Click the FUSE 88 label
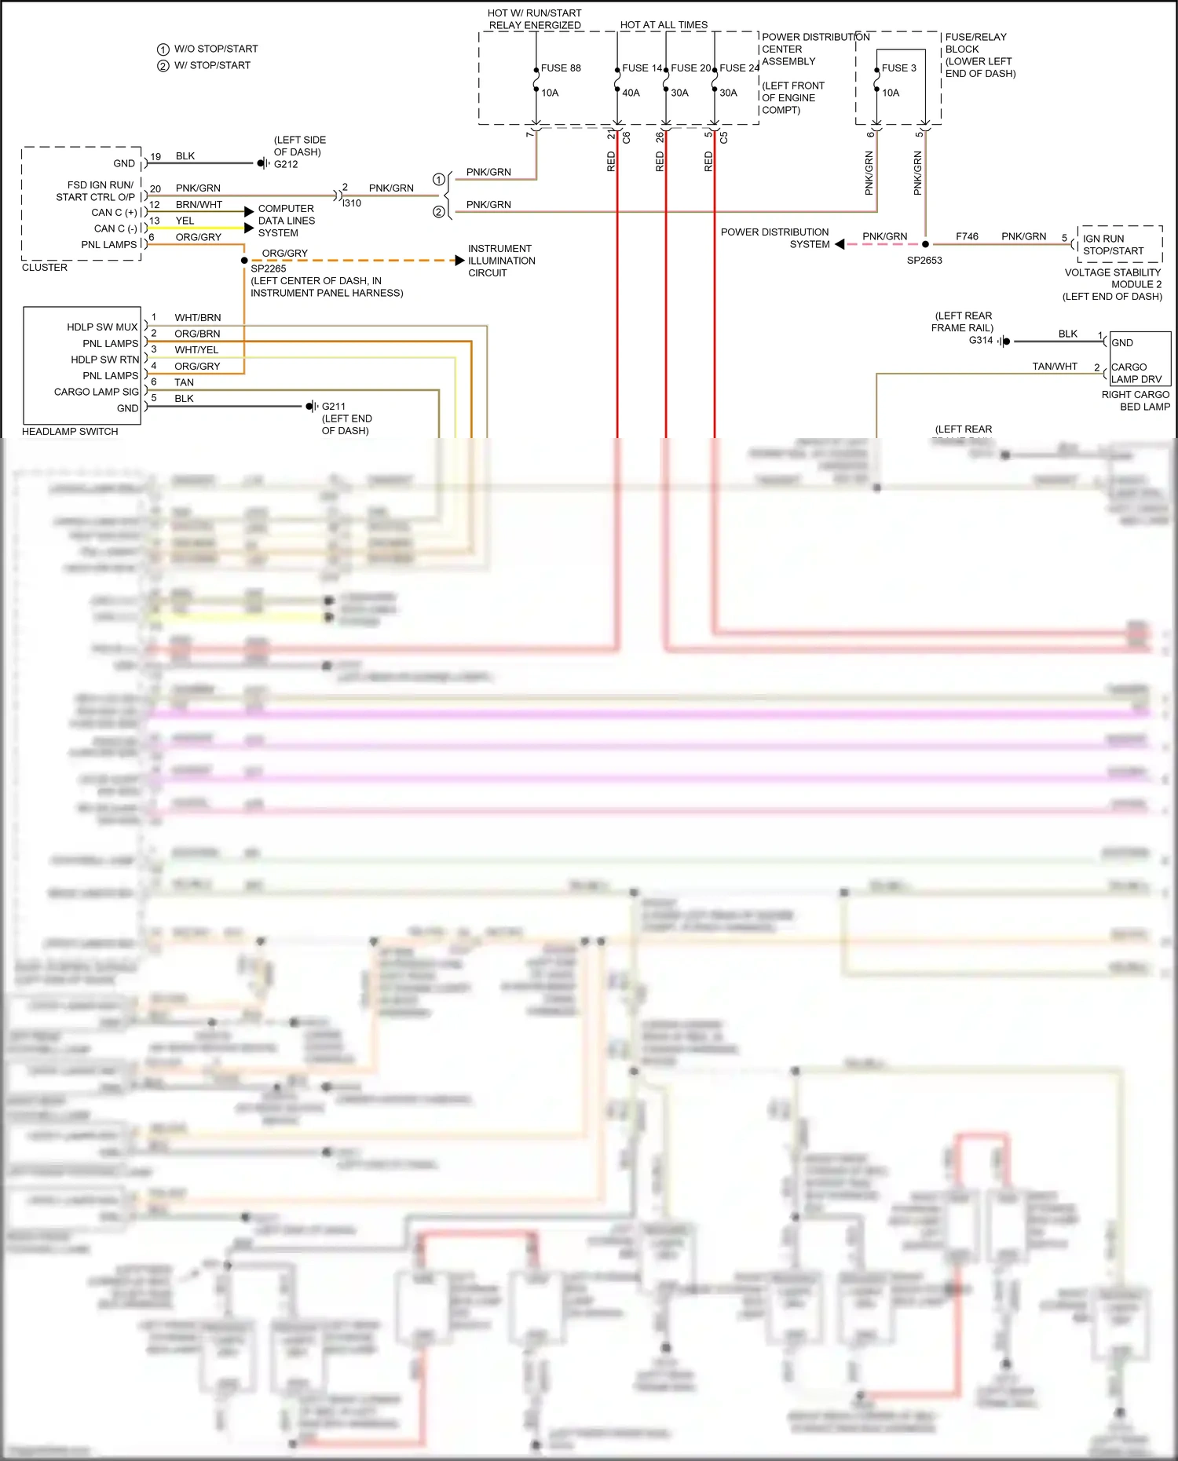[x=561, y=68]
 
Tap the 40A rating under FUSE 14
[x=631, y=93]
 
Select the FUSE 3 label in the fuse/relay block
[x=898, y=68]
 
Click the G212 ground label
[x=286, y=164]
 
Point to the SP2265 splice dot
[x=244, y=261]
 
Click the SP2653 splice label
[x=924, y=261]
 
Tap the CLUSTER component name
[x=45, y=268]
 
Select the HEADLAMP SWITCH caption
[x=70, y=432]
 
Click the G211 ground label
[x=333, y=407]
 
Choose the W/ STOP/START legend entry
[x=212, y=65]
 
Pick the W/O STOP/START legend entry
[x=215, y=49]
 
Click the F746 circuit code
[x=967, y=236]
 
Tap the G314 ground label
[x=980, y=340]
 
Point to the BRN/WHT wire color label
[x=199, y=205]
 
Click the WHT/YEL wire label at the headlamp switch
[x=196, y=350]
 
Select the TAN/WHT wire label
[x=1054, y=367]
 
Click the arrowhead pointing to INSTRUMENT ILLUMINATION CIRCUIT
[x=460, y=261]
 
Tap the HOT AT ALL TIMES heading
[x=664, y=25]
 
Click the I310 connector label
[x=351, y=203]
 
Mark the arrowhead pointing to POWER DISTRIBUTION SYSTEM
[x=840, y=244]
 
